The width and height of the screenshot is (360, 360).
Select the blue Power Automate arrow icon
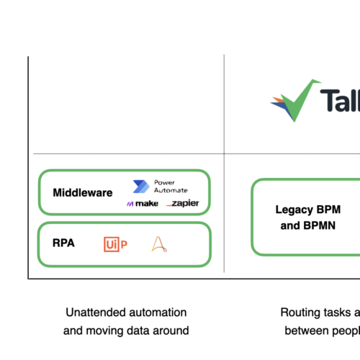[140, 186]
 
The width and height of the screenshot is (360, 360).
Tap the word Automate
[171, 190]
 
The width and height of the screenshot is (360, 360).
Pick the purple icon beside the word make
[130, 204]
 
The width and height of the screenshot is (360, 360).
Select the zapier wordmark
[186, 204]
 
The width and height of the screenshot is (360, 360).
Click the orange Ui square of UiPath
[111, 245]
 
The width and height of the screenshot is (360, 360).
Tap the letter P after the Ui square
[124, 245]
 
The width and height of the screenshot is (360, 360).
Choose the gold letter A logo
[158, 245]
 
